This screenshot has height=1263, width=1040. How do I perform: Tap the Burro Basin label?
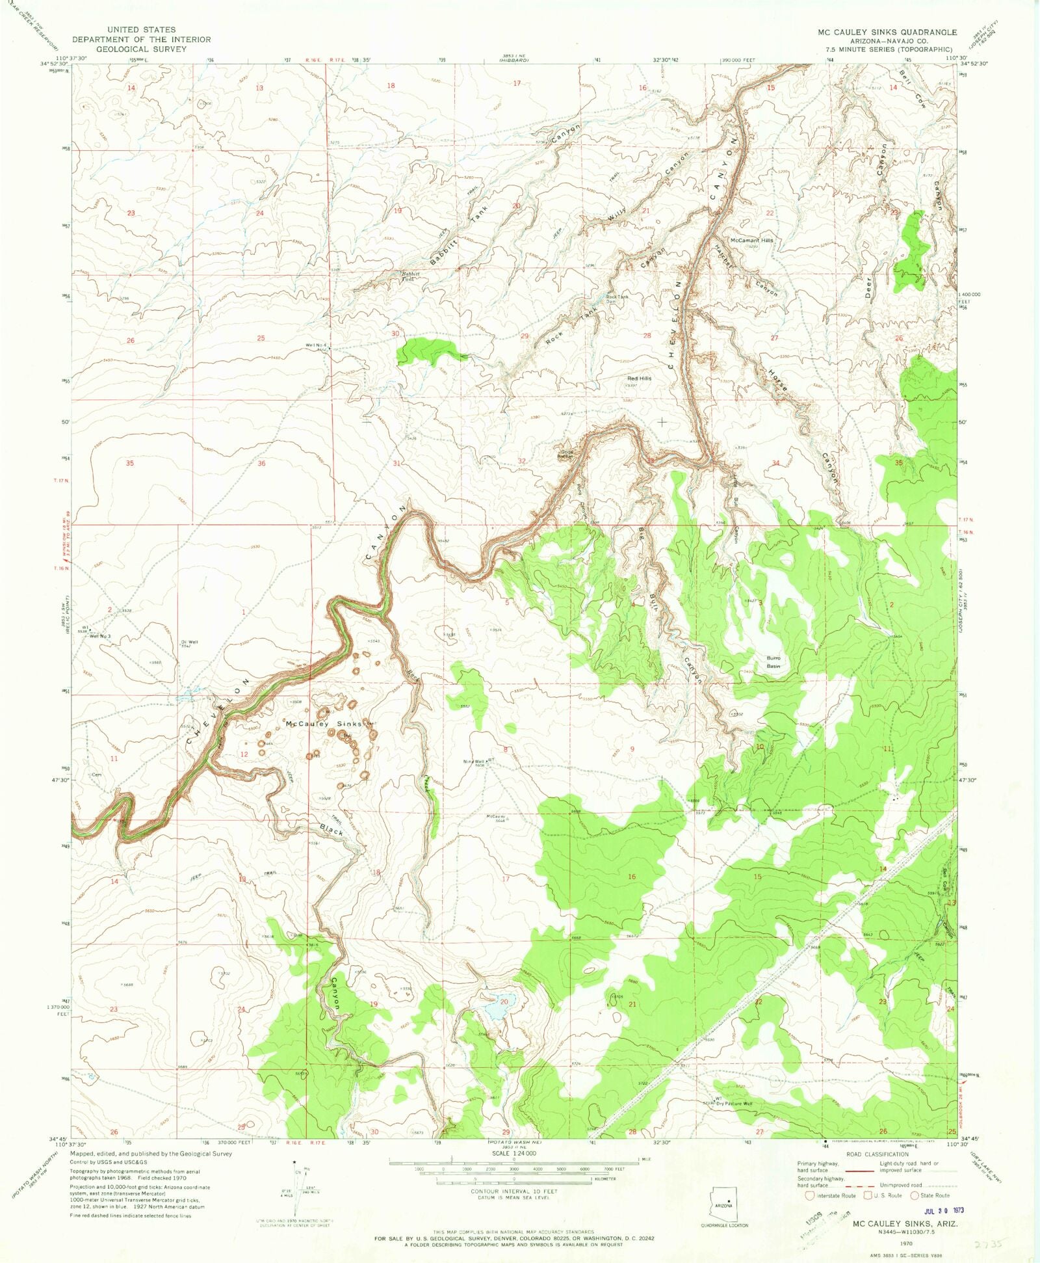[x=773, y=661]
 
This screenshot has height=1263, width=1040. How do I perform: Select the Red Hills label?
[x=639, y=378]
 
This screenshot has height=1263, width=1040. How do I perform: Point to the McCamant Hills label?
[x=752, y=240]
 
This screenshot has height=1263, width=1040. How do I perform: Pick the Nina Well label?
[x=473, y=762]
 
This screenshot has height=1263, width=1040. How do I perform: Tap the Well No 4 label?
[x=315, y=345]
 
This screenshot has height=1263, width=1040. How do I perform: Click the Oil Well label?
[x=189, y=642]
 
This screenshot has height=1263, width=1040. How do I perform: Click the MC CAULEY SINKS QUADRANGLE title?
[x=887, y=32]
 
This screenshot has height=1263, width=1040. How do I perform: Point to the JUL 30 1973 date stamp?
[x=944, y=1211]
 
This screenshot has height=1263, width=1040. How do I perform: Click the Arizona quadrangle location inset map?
[x=725, y=1212]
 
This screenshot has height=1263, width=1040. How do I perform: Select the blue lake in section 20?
[x=497, y=1008]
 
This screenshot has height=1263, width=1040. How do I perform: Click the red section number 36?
[x=261, y=463]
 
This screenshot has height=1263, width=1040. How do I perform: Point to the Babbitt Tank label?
[x=409, y=276]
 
